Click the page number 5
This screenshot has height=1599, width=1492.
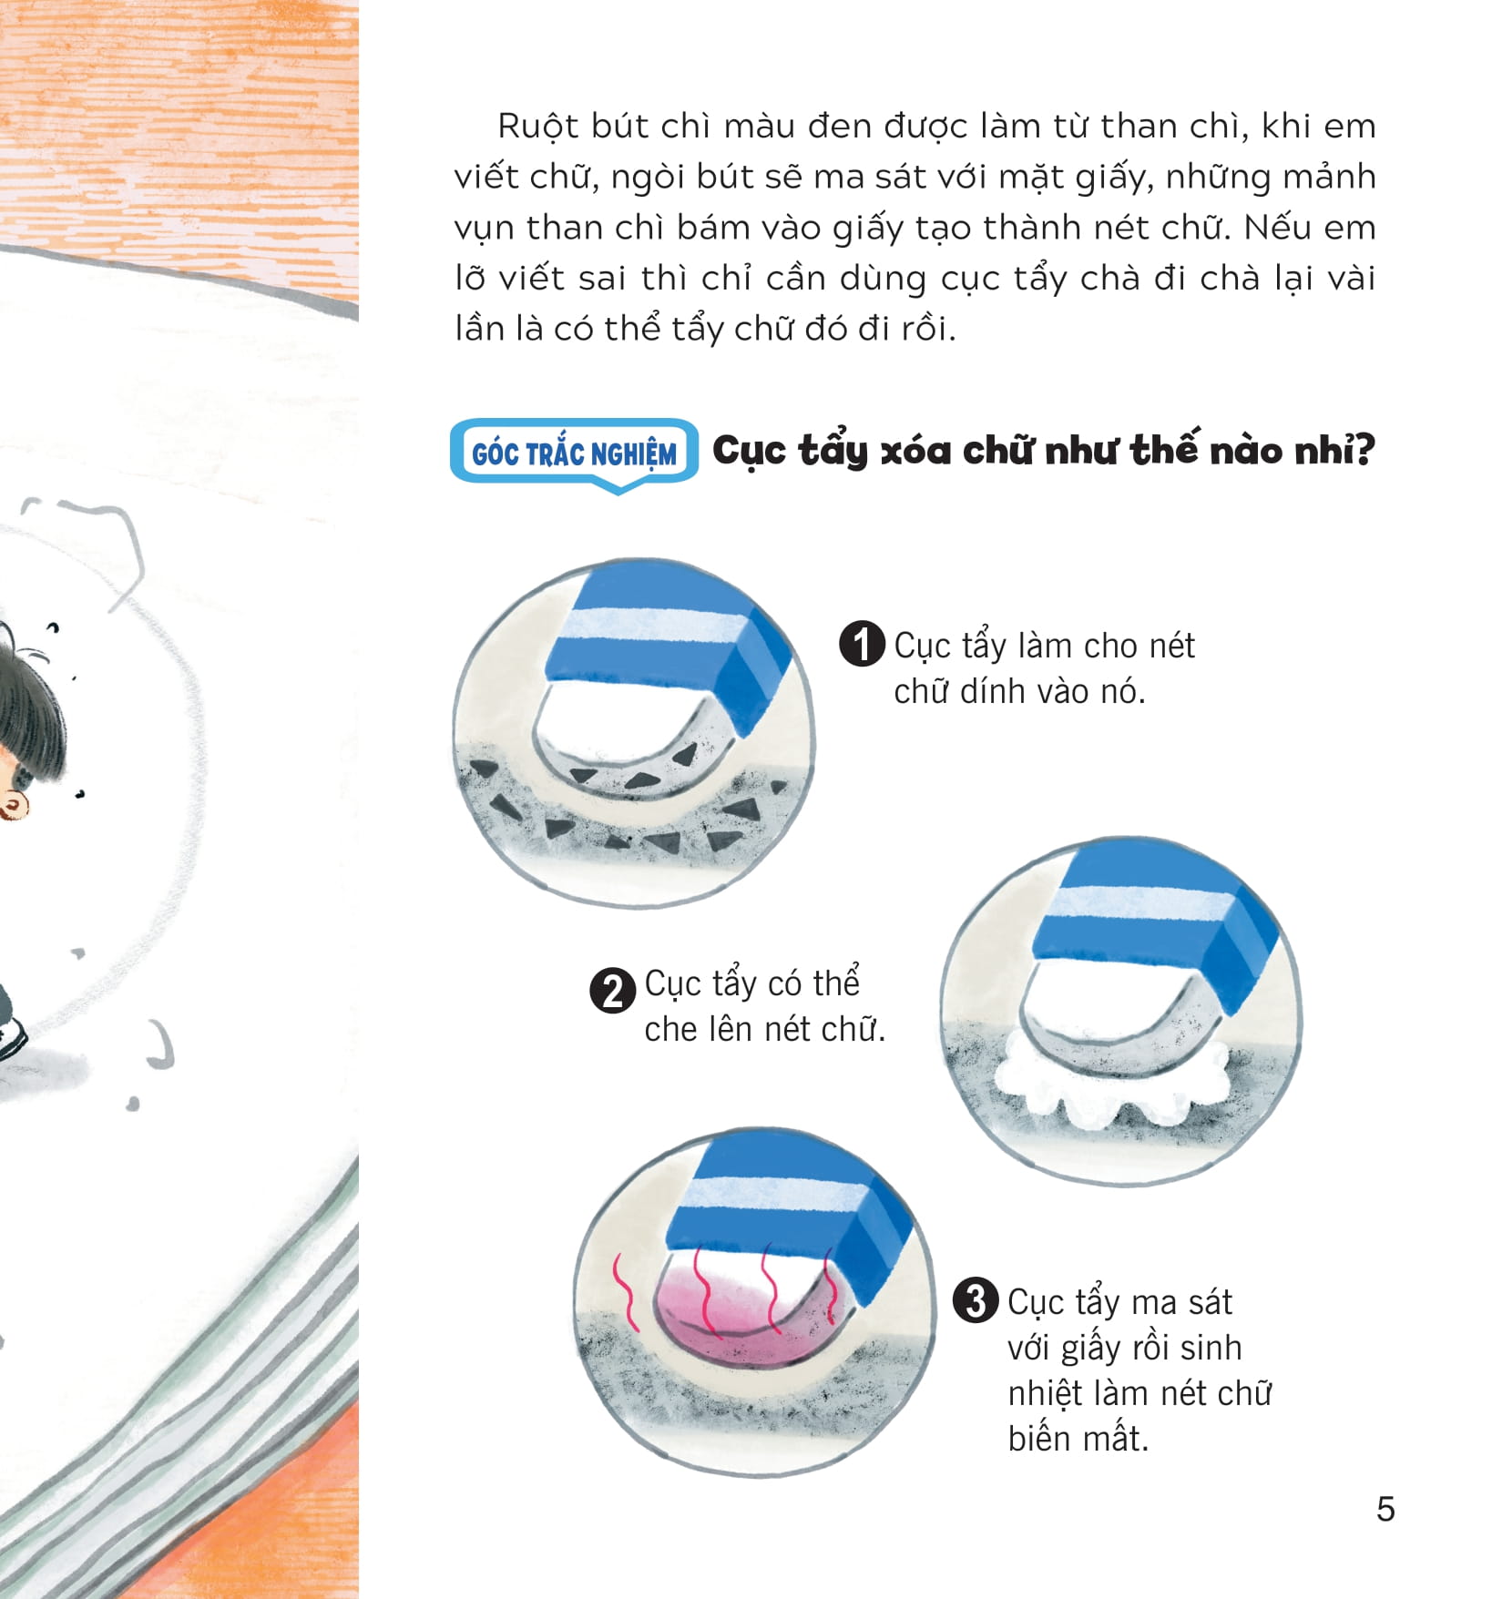tap(1385, 1509)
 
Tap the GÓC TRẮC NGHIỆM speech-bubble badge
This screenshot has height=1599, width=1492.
tap(574, 453)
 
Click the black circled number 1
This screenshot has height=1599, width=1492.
tap(861, 645)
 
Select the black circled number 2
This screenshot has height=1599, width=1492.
tap(612, 991)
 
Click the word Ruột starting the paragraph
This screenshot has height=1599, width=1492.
tap(538, 127)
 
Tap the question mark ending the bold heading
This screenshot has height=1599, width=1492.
tap(1364, 450)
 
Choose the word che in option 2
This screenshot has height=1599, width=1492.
tap(670, 1030)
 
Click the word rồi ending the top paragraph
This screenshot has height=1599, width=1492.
tap(927, 330)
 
